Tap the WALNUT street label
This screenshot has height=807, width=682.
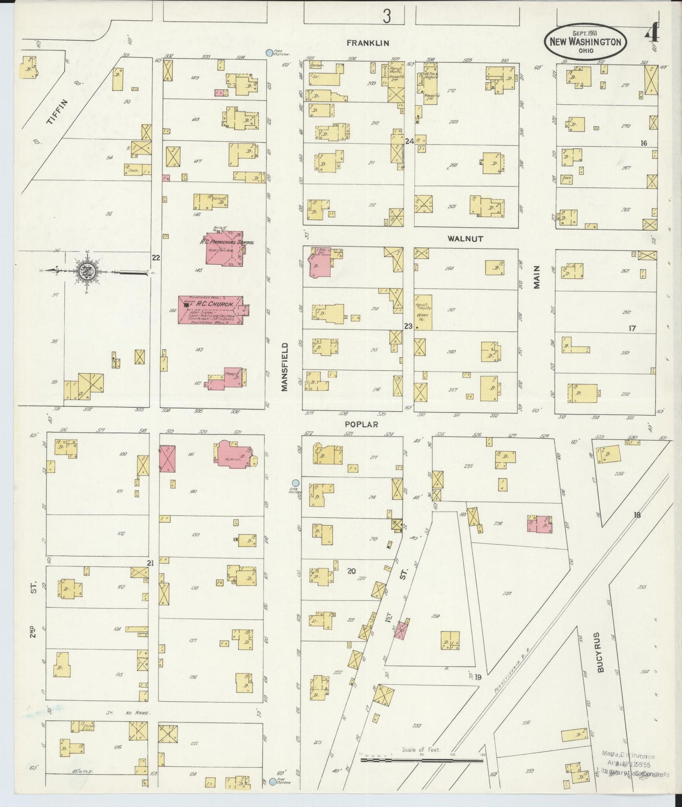click(465, 239)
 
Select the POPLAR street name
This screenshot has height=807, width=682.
click(362, 424)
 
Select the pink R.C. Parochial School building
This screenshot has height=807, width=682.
click(224, 248)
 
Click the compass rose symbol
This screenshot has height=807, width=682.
click(88, 271)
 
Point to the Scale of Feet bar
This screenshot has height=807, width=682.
click(422, 760)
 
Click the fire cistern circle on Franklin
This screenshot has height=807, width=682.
click(269, 53)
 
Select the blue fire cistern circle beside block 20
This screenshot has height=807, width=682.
click(295, 483)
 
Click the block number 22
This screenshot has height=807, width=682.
click(156, 258)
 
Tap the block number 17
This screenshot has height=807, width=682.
click(632, 328)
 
